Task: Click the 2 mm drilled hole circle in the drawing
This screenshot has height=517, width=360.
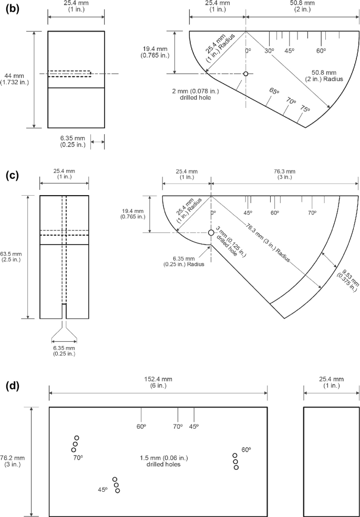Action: pos(245,74)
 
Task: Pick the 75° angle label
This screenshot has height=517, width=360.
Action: pos(305,109)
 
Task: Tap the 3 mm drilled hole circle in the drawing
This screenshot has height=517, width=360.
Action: pos(211,232)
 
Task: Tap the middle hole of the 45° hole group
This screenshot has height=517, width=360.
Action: pos(116,485)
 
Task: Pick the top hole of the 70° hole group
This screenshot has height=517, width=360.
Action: pos(77,438)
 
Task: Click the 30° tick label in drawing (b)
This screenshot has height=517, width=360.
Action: pos(269,50)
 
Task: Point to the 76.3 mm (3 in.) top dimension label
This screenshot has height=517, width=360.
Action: pos(284,175)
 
